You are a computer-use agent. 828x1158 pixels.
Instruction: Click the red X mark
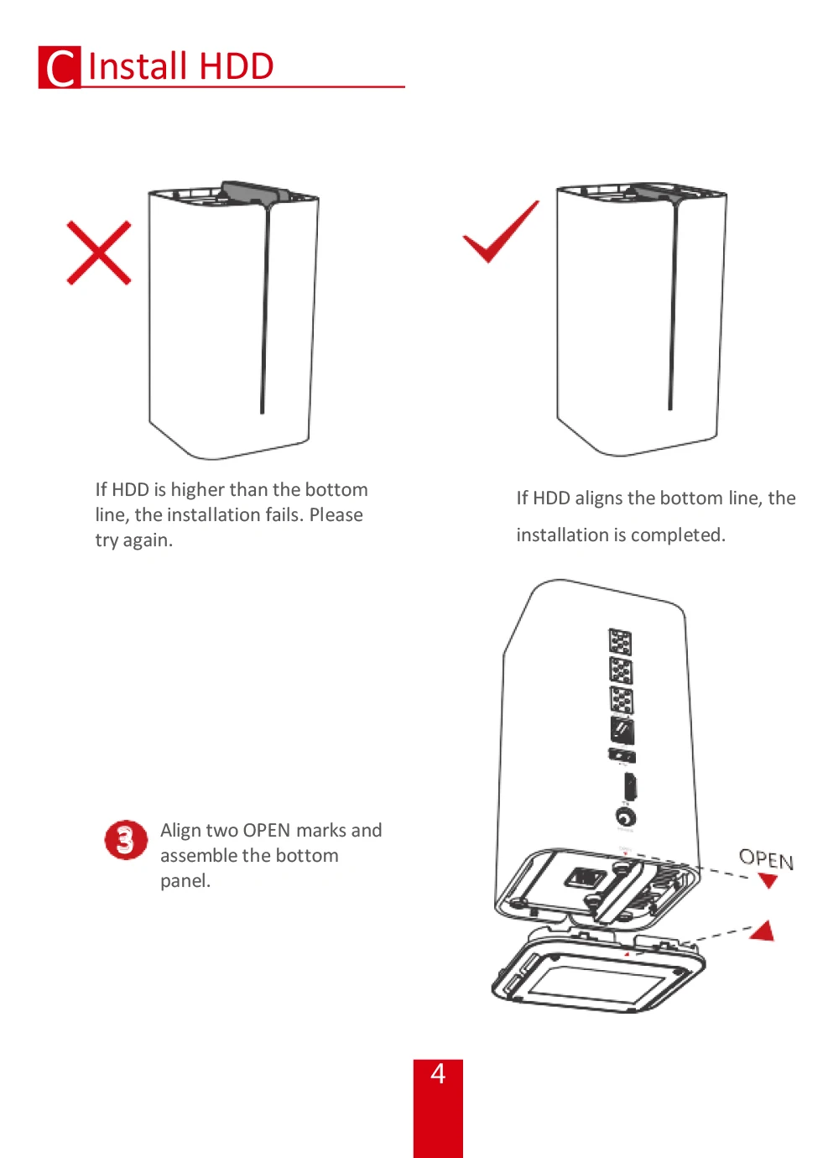click(x=99, y=253)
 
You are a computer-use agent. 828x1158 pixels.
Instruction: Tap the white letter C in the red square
click(x=60, y=68)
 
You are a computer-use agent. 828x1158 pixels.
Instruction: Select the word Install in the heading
click(x=138, y=66)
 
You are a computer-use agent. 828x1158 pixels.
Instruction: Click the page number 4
click(x=437, y=1074)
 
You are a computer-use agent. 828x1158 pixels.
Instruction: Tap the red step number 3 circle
click(x=125, y=840)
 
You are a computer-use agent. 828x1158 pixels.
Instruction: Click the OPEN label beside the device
click(x=765, y=858)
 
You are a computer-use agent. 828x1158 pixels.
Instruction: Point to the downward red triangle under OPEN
click(x=768, y=881)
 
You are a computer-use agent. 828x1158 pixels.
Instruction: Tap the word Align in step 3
click(x=180, y=830)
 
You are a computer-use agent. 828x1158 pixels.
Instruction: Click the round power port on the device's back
click(x=625, y=816)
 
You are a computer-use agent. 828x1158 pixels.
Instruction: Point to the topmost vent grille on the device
click(x=620, y=642)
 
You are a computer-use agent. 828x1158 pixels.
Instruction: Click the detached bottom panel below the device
click(x=597, y=973)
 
